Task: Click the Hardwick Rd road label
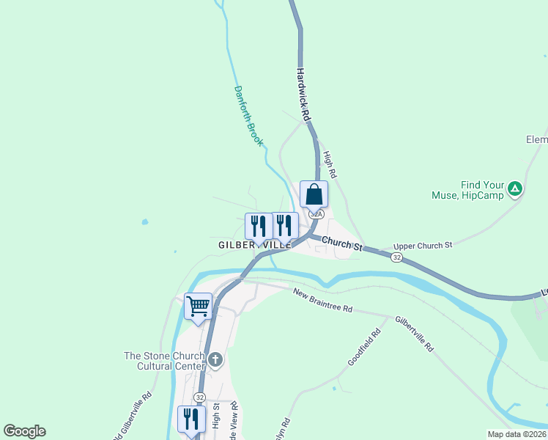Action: click(x=305, y=96)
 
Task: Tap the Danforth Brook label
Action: click(x=248, y=116)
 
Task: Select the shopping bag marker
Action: click(x=314, y=195)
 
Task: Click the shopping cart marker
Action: click(x=198, y=307)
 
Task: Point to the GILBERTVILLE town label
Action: click(x=254, y=244)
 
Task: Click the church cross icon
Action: click(x=215, y=360)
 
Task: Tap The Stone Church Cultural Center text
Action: click(x=164, y=362)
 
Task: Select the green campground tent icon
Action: click(x=516, y=189)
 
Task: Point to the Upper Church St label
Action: click(x=423, y=246)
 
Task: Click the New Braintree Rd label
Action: click(x=322, y=301)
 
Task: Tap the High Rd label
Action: click(x=330, y=165)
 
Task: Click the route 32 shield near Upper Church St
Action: click(x=396, y=257)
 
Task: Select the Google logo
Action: click(x=24, y=431)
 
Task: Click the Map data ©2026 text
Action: click(x=516, y=434)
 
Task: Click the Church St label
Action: click(x=342, y=243)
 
